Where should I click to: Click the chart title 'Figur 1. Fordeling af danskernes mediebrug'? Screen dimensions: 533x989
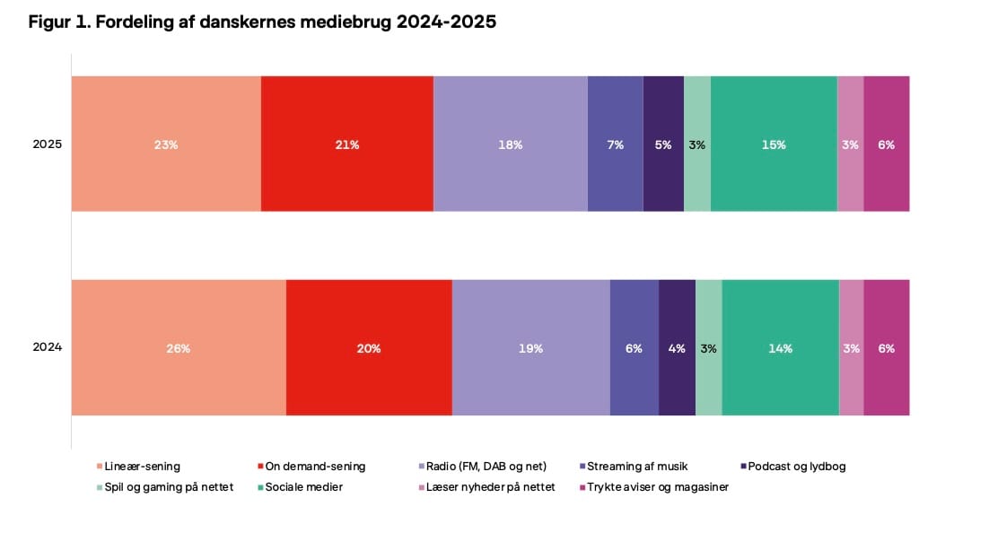point(262,22)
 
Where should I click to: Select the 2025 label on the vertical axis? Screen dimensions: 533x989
point(48,144)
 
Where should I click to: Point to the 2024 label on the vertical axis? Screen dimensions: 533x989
point(48,347)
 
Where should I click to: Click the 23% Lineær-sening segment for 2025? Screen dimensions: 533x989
point(166,144)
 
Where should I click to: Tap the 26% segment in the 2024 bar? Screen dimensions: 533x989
point(179,347)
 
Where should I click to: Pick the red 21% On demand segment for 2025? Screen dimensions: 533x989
point(347,144)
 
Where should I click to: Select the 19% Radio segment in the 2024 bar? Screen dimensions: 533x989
point(530,347)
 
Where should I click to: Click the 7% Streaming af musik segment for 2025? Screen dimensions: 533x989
point(616,144)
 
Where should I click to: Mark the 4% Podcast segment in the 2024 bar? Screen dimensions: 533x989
point(677,347)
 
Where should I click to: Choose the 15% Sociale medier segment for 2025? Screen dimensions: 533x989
point(774,144)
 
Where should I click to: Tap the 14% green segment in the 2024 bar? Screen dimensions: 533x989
point(780,347)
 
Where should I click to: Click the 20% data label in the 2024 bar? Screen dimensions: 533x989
point(369,348)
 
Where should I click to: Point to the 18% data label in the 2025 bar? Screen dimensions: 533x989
point(511,144)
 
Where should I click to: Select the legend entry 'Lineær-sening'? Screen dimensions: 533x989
point(142,466)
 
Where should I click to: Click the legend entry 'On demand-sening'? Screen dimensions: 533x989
point(316,466)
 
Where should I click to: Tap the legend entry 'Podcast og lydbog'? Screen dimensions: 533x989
point(796,466)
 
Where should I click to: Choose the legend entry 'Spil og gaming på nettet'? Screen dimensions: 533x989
point(169,486)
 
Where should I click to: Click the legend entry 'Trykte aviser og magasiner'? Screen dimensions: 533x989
point(657,486)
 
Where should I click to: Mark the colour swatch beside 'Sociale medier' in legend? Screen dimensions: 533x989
point(259,487)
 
